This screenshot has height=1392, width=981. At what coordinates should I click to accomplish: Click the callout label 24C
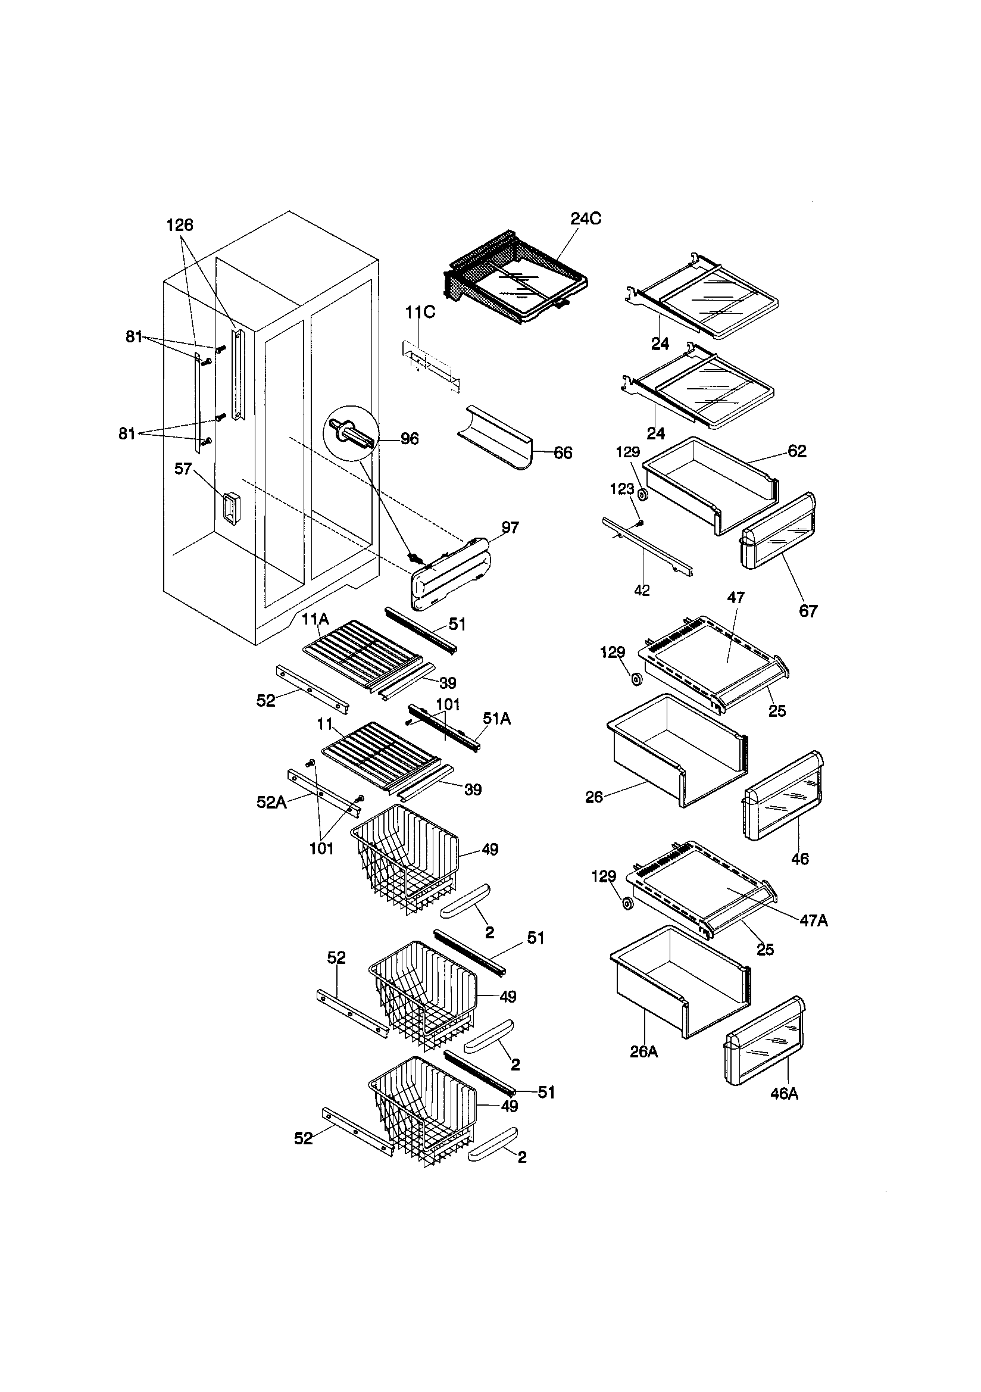click(x=586, y=219)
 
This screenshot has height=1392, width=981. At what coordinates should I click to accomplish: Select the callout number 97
click(x=510, y=528)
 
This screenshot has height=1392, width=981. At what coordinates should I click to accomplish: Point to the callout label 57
click(x=183, y=469)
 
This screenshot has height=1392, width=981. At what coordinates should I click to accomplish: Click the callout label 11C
click(x=420, y=312)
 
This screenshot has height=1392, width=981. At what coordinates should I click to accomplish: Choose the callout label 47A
click(x=813, y=920)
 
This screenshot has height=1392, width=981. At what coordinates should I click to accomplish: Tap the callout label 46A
click(x=783, y=1094)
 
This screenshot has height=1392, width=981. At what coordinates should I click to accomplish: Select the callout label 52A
click(x=271, y=802)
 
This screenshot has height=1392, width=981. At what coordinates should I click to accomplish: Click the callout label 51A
click(x=496, y=719)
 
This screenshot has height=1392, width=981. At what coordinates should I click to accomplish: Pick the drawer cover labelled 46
click(x=783, y=796)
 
